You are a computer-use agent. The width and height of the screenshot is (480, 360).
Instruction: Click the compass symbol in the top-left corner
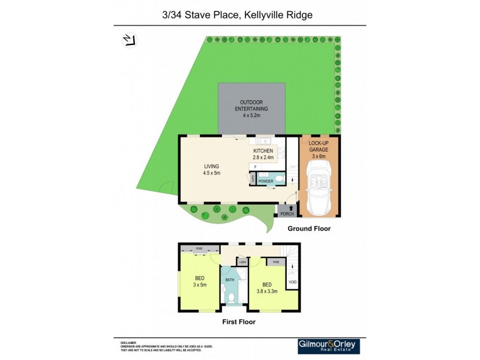click(128, 40)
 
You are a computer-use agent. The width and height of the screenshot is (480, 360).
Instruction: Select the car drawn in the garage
click(319, 187)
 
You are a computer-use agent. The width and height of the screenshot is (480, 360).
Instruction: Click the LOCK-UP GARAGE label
click(319, 149)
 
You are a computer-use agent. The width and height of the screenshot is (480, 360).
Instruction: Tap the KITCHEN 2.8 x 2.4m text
click(263, 154)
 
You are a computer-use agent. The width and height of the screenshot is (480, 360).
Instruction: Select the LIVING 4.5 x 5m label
click(212, 169)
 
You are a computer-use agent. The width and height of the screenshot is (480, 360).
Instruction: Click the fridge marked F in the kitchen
click(255, 166)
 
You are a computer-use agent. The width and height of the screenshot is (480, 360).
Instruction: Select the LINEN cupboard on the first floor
click(242, 262)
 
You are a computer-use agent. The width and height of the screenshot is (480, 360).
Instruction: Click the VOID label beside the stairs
click(292, 282)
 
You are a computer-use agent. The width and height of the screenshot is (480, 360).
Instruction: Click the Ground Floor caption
click(308, 229)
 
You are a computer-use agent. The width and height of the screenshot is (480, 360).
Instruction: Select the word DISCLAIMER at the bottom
click(128, 342)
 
